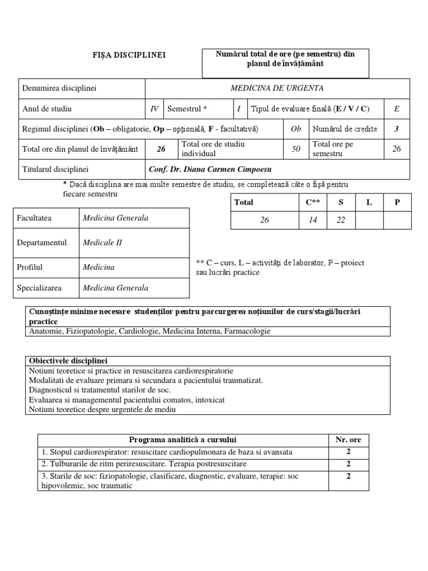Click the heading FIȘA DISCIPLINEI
pyautogui.click(x=129, y=55)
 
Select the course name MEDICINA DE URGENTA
pyautogui.click(x=277, y=88)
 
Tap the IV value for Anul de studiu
pyautogui.click(x=154, y=109)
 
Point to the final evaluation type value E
pyautogui.click(x=396, y=109)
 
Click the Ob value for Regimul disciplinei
pyautogui.click(x=296, y=129)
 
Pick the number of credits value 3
pyautogui.click(x=396, y=129)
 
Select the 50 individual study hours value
pyautogui.click(x=296, y=149)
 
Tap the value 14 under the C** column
pyautogui.click(x=313, y=220)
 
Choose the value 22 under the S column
pyautogui.click(x=341, y=220)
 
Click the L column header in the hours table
pyautogui.click(x=368, y=202)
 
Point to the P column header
pyautogui.click(x=397, y=202)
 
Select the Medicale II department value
pyautogui.click(x=102, y=243)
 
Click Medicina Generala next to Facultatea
pyautogui.click(x=115, y=218)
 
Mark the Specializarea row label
pyautogui.click(x=39, y=288)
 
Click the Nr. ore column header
pyautogui.click(x=348, y=439)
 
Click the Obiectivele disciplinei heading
pyautogui.click(x=68, y=361)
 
